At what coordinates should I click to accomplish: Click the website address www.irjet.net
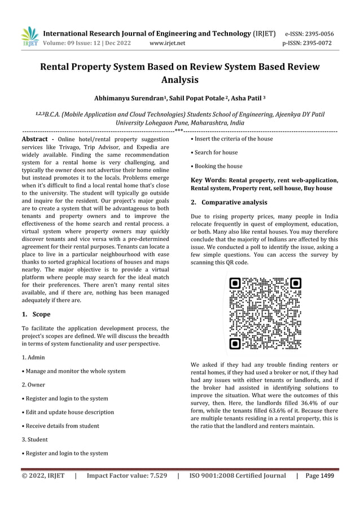[x=167, y=42]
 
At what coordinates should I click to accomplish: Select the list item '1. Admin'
[x=33, y=358]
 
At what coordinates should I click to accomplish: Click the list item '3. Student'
[x=35, y=440]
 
